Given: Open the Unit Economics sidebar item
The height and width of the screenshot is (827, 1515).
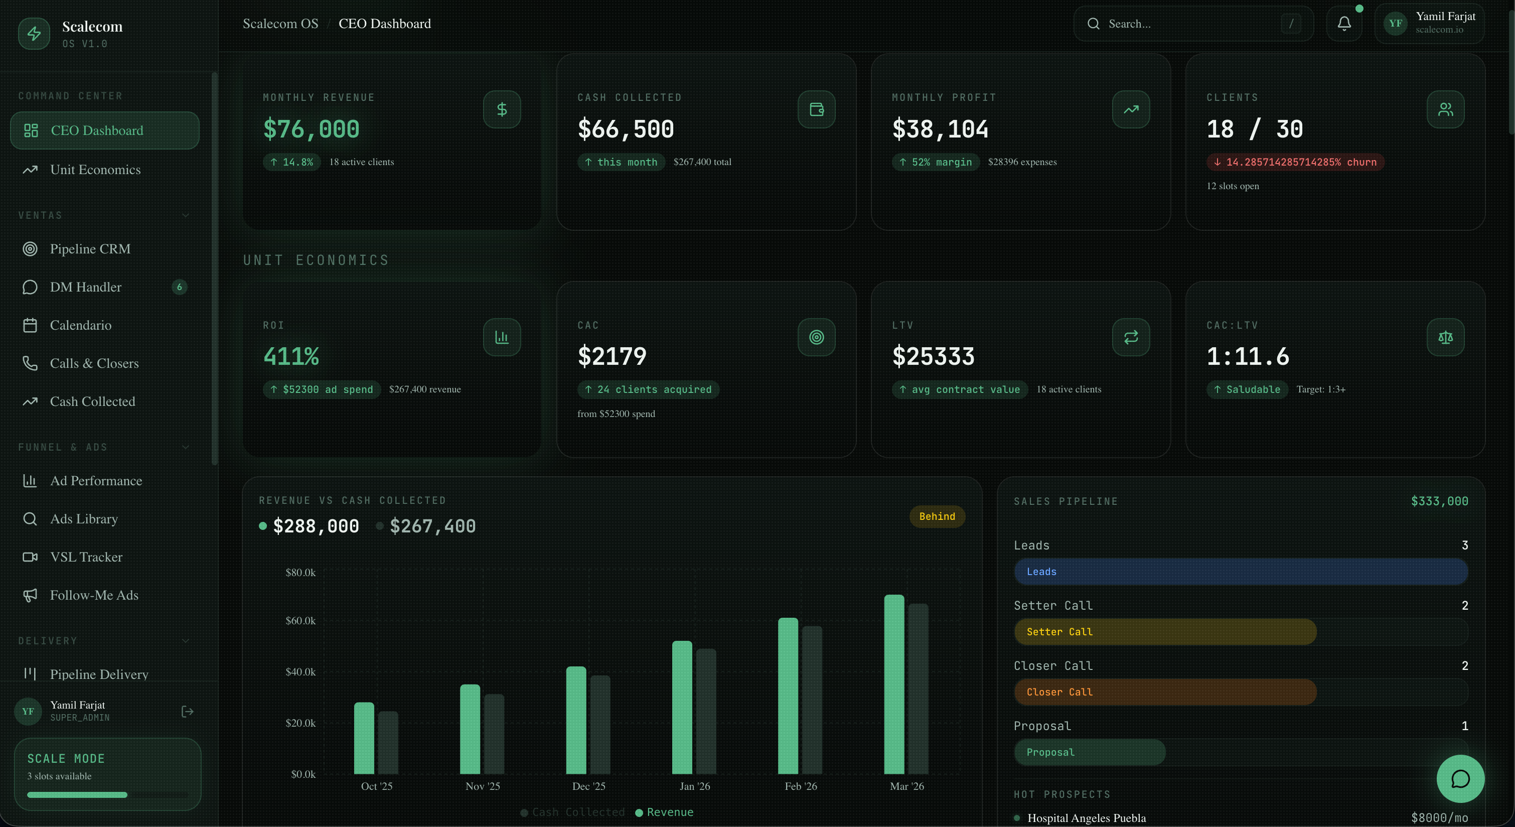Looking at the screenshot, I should click(x=95, y=170).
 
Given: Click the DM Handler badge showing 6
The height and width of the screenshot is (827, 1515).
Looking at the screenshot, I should click(x=180, y=287).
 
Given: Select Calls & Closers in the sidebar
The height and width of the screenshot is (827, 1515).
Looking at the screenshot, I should click(x=94, y=363).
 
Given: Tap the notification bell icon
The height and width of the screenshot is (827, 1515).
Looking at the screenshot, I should click(x=1344, y=24).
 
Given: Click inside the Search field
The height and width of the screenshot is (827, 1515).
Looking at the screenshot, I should click(x=1188, y=24).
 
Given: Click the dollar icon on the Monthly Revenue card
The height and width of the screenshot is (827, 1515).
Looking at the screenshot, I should click(x=502, y=109).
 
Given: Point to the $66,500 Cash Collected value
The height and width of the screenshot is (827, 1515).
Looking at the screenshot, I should click(x=625, y=129).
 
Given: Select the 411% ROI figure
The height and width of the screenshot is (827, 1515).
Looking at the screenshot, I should click(x=291, y=356).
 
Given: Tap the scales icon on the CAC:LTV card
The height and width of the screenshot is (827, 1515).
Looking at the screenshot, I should click(x=1445, y=337).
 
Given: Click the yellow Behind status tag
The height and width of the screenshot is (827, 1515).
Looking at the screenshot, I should click(x=937, y=516).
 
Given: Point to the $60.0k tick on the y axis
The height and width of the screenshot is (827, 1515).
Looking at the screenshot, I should click(x=300, y=621).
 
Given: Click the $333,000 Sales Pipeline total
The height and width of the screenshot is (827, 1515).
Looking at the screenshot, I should click(x=1439, y=501).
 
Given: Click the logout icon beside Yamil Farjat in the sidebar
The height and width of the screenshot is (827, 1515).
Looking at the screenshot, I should click(x=187, y=712).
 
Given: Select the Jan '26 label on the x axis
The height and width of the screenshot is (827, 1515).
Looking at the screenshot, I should click(x=695, y=786).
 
